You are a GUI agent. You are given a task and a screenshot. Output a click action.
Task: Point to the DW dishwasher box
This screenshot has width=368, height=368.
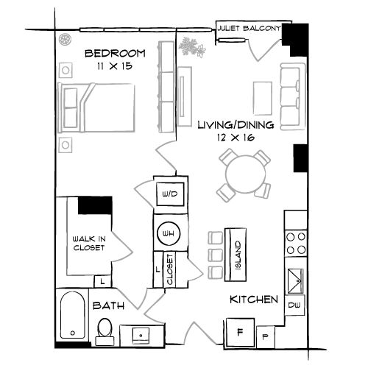point(294,304)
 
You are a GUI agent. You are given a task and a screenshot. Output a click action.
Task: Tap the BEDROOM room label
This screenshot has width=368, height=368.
point(114,53)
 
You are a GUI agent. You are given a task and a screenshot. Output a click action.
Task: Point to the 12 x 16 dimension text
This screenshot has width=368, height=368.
point(236,138)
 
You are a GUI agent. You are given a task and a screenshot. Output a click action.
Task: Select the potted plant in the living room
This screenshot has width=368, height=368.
point(192,48)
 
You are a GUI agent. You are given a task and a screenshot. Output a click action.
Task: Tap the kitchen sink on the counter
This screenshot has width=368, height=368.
point(296,278)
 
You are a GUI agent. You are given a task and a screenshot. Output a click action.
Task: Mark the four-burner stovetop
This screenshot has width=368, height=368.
point(296,244)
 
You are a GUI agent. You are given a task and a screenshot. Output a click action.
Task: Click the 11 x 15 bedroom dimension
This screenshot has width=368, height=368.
point(114,66)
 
